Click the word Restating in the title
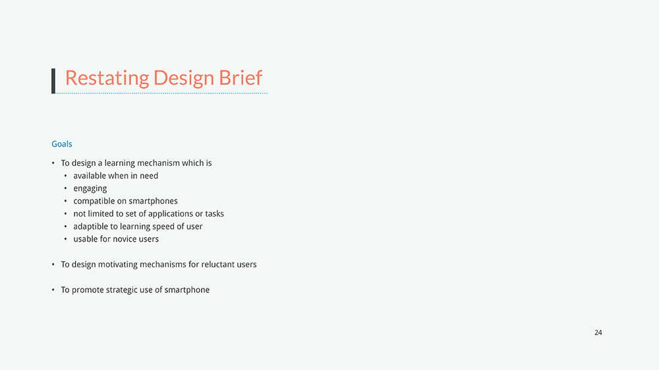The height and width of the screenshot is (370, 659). pos(107,78)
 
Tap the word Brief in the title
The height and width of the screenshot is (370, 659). pos(241,78)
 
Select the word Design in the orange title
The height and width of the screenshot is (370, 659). pos(184,78)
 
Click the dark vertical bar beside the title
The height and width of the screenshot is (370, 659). pos(53,81)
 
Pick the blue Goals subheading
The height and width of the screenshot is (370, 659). pos(62,144)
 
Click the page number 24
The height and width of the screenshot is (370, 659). pos(598,332)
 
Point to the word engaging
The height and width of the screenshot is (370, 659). pos(90,189)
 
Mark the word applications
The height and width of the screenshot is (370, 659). pos(169,214)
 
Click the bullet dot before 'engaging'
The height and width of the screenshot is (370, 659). pos(65,188)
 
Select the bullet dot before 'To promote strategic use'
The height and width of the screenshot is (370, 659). pos(53,290)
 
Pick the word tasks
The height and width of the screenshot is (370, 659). pos(214,214)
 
